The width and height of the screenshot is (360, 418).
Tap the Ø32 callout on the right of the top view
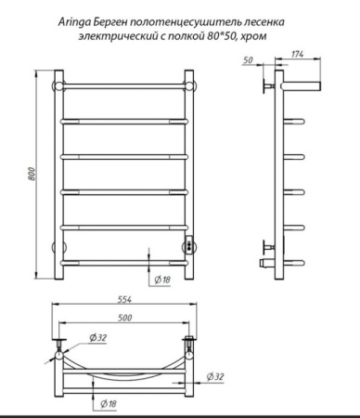coord(215,376)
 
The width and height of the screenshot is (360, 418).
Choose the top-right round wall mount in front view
coord(192,85)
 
